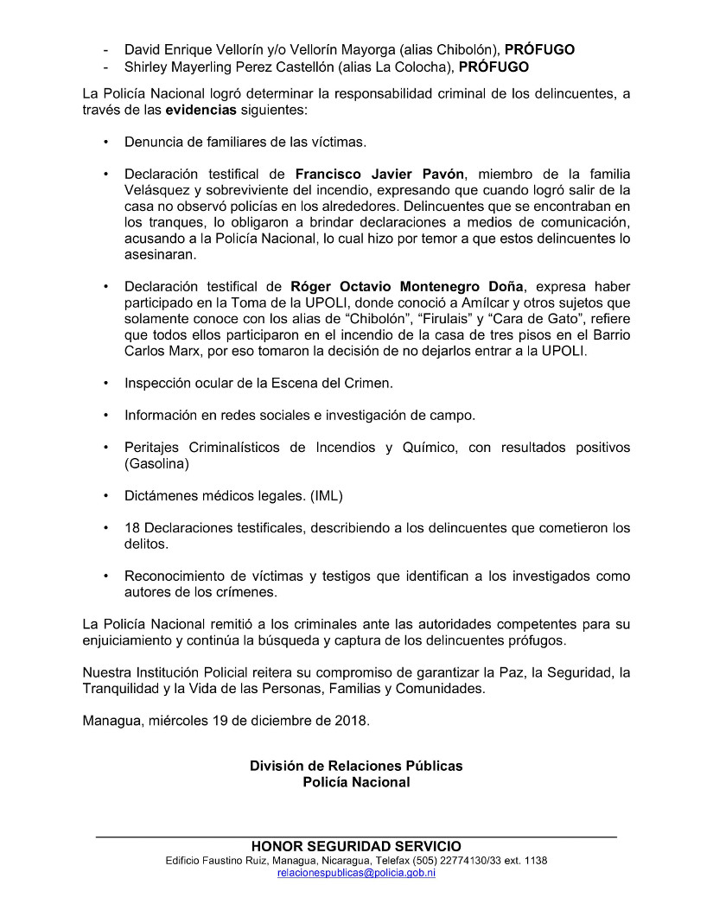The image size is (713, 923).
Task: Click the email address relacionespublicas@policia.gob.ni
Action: (356, 873)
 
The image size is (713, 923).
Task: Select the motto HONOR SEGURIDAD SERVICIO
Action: (356, 846)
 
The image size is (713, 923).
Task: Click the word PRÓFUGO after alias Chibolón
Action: (540, 49)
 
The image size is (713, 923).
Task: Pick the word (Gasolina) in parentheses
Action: (156, 463)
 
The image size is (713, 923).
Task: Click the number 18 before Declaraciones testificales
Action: (132, 527)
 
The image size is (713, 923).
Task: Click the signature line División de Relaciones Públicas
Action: (356, 766)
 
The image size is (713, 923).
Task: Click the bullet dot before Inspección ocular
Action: (105, 383)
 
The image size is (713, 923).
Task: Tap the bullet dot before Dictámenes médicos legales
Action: (105, 495)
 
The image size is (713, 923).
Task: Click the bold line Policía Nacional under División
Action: (356, 782)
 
